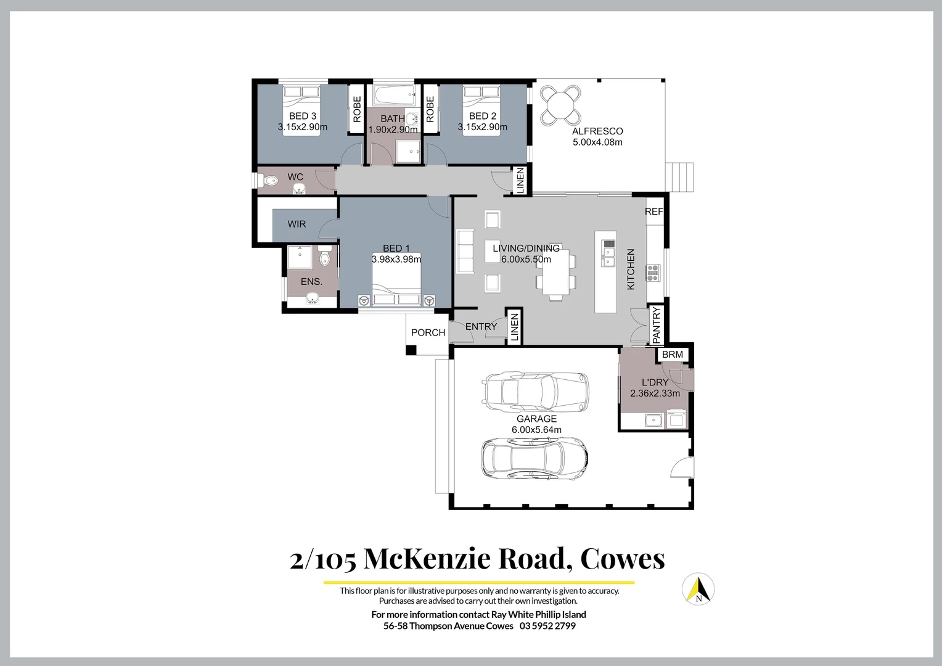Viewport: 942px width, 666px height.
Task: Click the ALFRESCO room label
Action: (597, 131)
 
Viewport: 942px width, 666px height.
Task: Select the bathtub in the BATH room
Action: (393, 96)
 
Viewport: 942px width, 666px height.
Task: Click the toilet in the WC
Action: (269, 181)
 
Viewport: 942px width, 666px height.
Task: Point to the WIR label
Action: (297, 224)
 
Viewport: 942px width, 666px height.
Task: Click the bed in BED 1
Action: (396, 281)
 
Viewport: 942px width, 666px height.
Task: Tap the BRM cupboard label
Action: (673, 355)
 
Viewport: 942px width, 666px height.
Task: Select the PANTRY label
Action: (656, 324)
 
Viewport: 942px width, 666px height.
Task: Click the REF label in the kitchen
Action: (653, 212)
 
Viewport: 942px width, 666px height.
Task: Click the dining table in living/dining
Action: (556, 272)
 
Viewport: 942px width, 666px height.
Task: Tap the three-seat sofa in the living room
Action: (464, 251)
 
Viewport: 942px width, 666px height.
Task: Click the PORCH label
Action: (428, 332)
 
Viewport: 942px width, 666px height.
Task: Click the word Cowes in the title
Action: (622, 558)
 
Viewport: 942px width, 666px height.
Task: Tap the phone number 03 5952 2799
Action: (547, 626)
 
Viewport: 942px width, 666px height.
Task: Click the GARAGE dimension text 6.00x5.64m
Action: (536, 430)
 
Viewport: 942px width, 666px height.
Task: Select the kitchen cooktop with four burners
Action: (652, 272)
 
